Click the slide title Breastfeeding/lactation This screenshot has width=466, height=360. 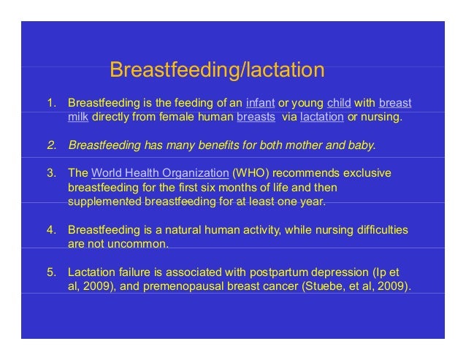pos(216,70)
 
